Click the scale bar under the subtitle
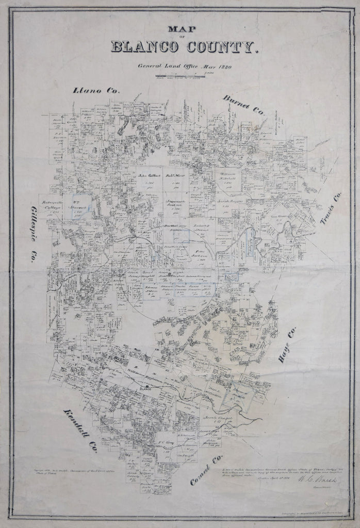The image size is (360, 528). [x=180, y=76]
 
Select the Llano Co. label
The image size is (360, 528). [x=96, y=91]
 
